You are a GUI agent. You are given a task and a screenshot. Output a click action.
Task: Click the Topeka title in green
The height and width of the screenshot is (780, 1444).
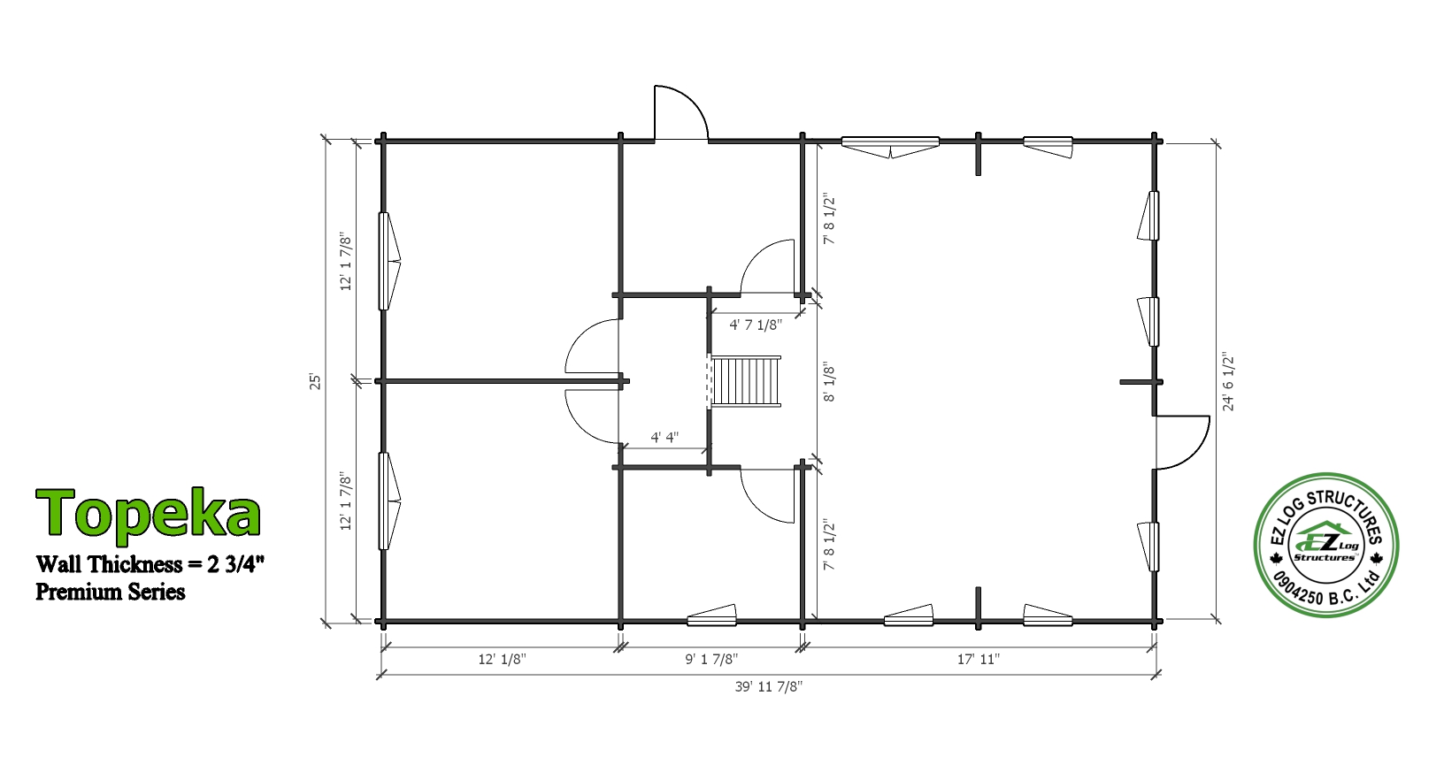149,512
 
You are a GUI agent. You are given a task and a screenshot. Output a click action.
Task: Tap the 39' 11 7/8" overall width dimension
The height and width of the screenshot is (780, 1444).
768,686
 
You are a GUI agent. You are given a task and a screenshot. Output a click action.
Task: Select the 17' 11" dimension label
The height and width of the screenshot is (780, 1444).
978,659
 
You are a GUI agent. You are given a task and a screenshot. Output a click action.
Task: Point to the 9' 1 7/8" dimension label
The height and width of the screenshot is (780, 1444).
711,659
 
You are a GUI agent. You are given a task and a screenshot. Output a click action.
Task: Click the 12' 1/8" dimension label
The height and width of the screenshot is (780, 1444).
502,659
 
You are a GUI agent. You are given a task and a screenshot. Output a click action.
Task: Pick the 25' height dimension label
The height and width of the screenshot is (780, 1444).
315,381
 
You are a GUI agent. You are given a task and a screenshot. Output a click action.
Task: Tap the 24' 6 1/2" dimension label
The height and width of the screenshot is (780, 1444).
1228,381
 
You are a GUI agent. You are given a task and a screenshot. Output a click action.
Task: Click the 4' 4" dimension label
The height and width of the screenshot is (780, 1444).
664,438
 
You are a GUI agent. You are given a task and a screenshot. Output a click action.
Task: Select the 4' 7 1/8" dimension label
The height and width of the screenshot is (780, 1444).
755,325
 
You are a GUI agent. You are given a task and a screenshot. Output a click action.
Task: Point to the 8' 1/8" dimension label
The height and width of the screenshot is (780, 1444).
829,384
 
